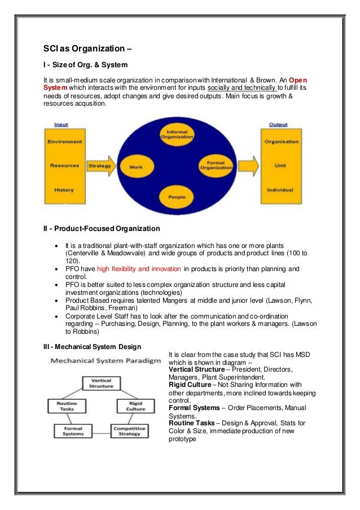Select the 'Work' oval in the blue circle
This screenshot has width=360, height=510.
click(136, 167)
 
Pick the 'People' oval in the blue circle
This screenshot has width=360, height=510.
click(177, 197)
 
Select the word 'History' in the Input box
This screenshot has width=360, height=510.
click(64, 190)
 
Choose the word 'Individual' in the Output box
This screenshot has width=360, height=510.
click(280, 190)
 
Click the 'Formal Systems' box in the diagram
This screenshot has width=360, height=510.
click(69, 431)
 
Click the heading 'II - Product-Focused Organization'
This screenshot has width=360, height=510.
click(102, 228)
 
